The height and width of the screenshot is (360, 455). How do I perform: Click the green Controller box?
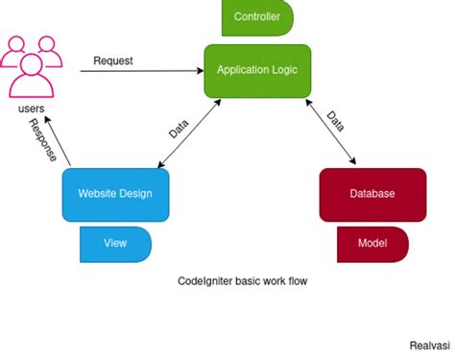click(x=257, y=17)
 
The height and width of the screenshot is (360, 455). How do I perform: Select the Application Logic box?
click(x=257, y=70)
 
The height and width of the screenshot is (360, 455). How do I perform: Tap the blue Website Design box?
click(x=115, y=194)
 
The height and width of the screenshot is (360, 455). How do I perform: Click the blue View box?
click(x=115, y=244)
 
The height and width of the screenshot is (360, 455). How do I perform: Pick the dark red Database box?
click(x=371, y=194)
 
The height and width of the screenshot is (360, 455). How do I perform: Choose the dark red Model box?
click(x=371, y=244)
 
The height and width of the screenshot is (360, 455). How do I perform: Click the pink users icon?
click(x=32, y=65)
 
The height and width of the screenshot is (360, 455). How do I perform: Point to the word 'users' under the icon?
click(x=32, y=109)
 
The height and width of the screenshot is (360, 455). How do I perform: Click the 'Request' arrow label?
click(x=112, y=60)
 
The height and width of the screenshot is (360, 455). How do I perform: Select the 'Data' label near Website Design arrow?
click(x=179, y=129)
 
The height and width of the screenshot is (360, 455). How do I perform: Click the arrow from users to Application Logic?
click(x=134, y=71)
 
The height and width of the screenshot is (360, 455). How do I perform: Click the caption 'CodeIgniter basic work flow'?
click(x=242, y=282)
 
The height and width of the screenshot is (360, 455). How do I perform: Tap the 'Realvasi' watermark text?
click(x=430, y=342)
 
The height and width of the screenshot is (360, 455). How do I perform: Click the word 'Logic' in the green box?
click(x=284, y=70)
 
